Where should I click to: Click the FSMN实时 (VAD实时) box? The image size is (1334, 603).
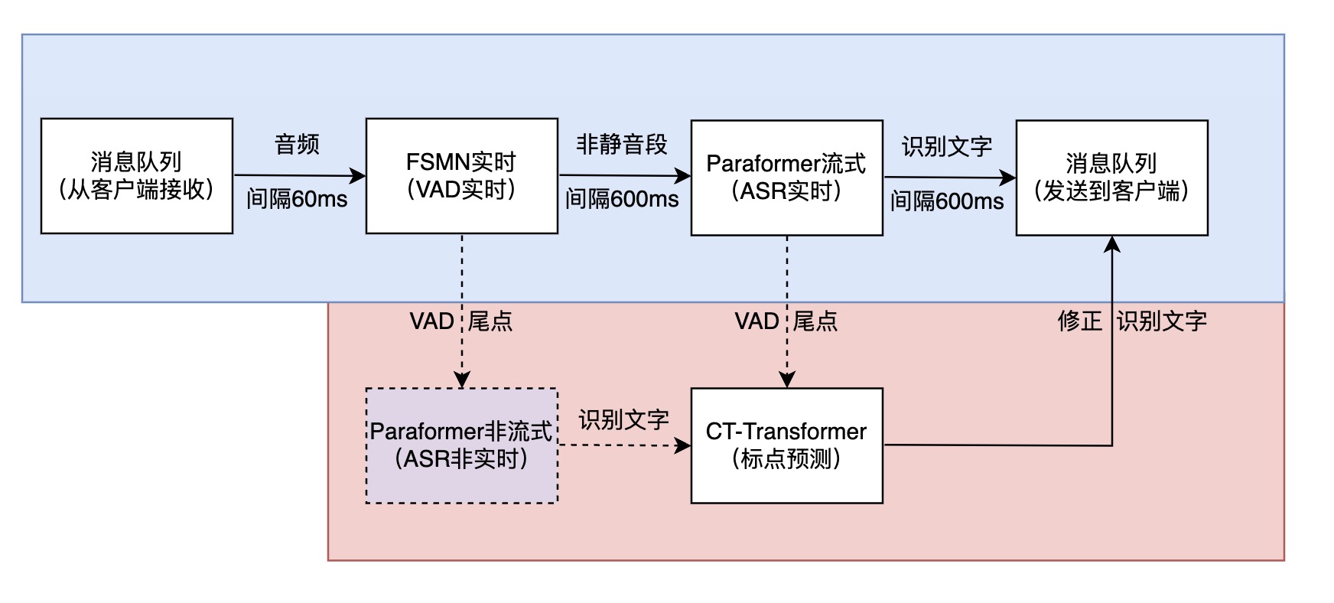461,176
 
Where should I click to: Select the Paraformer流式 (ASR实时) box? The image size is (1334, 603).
786,178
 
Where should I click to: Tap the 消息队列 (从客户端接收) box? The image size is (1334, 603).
136,176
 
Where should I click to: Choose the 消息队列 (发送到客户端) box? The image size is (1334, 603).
1111,178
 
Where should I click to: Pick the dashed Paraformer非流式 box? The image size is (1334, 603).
461,445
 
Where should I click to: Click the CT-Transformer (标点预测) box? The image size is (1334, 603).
786,445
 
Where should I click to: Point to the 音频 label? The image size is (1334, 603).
297,144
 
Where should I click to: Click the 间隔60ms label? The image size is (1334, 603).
297,199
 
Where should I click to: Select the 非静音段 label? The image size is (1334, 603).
622,144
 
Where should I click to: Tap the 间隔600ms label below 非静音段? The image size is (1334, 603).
622,199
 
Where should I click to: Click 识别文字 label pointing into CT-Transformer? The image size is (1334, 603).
623,419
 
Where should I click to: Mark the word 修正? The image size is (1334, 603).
1079,321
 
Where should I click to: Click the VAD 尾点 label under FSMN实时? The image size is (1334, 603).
461,321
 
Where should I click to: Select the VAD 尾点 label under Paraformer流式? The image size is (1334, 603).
786,321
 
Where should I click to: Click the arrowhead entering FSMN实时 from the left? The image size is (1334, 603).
358,176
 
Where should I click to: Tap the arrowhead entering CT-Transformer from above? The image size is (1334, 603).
787,380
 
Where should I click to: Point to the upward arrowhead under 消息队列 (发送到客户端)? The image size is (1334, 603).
1112,244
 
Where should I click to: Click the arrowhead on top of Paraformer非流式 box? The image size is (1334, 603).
462,380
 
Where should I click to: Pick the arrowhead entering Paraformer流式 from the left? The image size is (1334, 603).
683,177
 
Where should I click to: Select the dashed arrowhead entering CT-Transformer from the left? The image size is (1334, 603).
683,445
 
